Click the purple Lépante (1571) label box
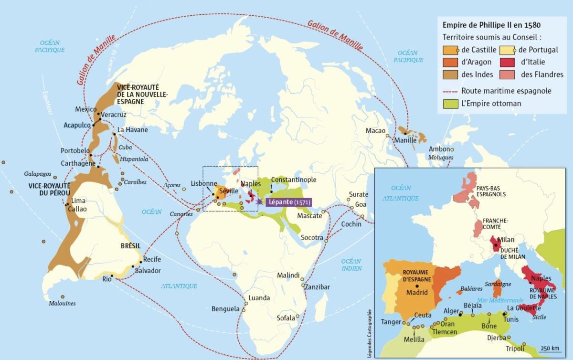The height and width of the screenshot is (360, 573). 287,202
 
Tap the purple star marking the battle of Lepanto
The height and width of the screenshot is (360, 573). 259,202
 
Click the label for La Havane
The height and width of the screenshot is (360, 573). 133,130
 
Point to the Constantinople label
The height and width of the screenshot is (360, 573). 293,180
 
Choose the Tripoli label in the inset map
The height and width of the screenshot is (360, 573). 514,348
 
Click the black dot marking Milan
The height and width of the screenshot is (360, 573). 496,245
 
